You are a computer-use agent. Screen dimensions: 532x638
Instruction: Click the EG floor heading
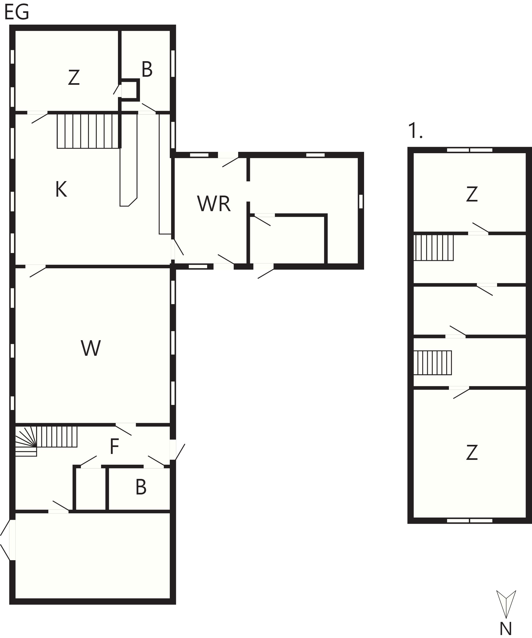17,12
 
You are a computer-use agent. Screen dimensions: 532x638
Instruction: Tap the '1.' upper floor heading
415,131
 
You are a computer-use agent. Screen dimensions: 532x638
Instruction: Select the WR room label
214,204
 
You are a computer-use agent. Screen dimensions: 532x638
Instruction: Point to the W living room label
91,348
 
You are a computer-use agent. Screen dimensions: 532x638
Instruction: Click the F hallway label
114,447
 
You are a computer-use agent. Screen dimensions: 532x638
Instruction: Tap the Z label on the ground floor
74,78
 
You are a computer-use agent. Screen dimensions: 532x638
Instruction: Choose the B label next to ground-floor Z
147,69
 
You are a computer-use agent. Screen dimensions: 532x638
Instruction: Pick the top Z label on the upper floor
472,195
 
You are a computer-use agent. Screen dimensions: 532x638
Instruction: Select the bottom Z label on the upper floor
472,453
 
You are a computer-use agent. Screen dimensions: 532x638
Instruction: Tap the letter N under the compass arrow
506,629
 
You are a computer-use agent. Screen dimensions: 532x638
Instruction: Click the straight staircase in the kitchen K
88,131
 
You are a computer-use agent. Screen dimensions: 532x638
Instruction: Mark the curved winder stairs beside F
26,441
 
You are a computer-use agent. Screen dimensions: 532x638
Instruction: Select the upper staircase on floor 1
433,248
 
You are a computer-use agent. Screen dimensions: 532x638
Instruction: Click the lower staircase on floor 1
433,363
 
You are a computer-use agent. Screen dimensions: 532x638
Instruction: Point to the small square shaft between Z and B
129,90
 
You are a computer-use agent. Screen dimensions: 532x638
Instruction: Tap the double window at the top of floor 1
470,150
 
